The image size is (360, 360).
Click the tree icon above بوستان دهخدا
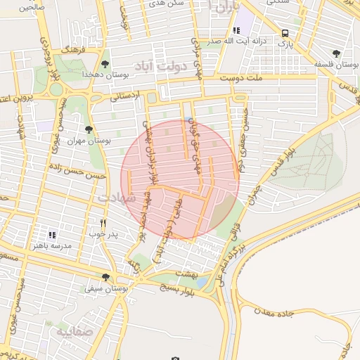point(105,64)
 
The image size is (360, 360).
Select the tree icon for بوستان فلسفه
point(337,53)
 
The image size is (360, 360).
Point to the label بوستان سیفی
point(105,288)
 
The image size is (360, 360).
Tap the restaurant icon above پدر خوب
point(103,223)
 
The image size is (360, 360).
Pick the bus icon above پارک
point(285,33)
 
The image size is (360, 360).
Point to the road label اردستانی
point(126,95)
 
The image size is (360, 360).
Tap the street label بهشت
point(188,273)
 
